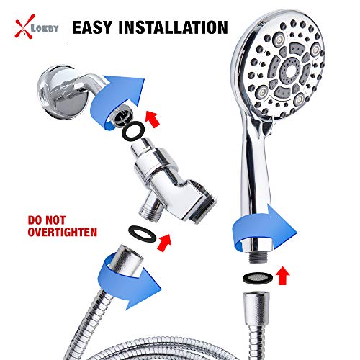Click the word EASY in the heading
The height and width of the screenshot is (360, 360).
(99, 29)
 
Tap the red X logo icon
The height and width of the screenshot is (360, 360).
(22, 28)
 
